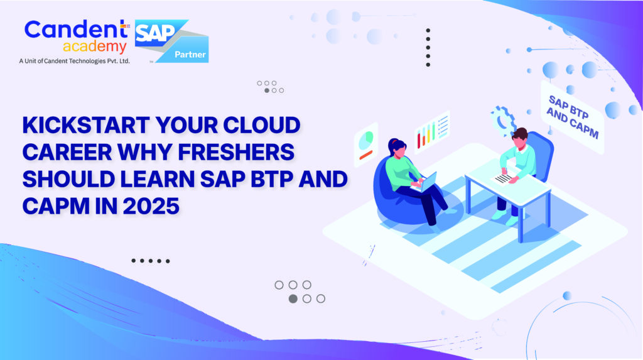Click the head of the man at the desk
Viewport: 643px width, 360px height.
[x=519, y=136]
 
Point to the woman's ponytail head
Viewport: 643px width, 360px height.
[x=397, y=148]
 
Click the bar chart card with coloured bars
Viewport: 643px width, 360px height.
[x=432, y=130]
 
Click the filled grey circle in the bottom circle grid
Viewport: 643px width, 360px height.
[x=293, y=298]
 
